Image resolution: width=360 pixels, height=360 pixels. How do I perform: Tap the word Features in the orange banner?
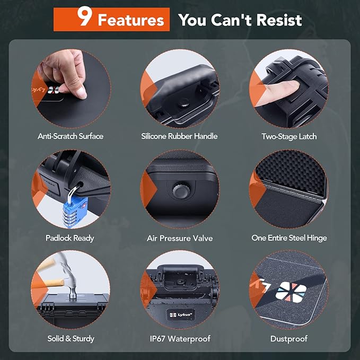pos(131,21)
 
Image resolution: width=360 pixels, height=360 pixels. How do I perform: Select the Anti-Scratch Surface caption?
pos(71,136)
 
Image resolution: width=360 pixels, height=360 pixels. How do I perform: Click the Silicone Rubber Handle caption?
pos(179,136)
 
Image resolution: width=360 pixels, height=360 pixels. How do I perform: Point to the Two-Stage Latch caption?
pos(289,136)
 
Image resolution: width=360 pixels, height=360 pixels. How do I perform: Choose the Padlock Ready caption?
pos(71,238)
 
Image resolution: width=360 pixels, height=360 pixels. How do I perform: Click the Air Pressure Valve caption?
pos(179,238)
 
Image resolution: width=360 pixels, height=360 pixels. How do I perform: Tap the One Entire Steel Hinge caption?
pos(289,238)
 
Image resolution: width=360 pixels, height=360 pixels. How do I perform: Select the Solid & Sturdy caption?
pos(71,338)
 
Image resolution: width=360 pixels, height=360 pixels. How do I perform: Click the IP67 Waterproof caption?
pos(179,338)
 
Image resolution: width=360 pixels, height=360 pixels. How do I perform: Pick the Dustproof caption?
pos(289,338)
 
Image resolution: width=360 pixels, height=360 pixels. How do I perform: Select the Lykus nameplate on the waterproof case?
pos(179,313)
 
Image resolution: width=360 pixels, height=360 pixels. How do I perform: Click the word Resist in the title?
pos(276,21)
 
